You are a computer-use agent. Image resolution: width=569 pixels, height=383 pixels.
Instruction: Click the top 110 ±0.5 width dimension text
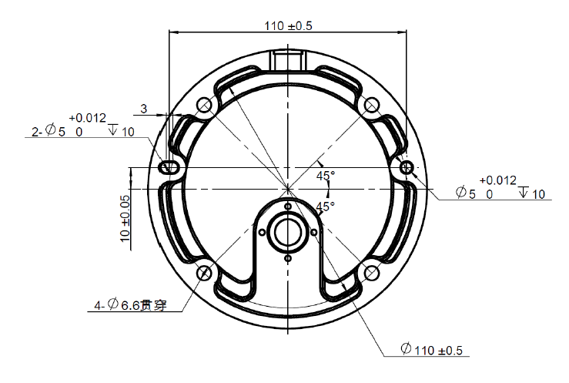click(x=288, y=26)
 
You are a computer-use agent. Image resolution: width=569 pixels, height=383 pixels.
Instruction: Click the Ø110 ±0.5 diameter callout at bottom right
click(x=432, y=350)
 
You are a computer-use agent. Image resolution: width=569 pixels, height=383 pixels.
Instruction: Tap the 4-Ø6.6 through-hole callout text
click(x=131, y=304)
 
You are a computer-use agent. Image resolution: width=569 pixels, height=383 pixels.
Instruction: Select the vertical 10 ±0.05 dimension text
click(x=125, y=219)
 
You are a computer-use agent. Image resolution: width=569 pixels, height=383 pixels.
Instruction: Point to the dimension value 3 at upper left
click(x=144, y=109)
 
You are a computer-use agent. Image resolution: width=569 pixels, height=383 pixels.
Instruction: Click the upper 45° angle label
click(x=326, y=176)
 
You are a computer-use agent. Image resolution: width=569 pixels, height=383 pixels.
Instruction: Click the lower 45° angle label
click(x=325, y=207)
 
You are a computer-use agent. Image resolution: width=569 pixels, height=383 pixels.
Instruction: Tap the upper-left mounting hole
click(x=204, y=106)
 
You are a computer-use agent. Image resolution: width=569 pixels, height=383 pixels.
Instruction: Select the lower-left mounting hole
click(x=204, y=273)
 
